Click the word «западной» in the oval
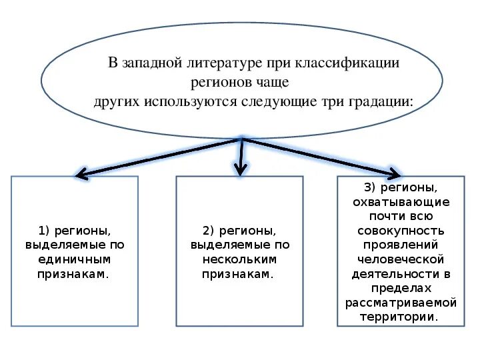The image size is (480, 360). coord(153,63)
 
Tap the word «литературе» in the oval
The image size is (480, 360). coord(225,63)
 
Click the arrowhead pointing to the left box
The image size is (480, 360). coord(81,175)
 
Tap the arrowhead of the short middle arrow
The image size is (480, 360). coord(241,170)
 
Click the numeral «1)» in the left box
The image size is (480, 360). coord(45,231)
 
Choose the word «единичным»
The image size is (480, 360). coord(75,259)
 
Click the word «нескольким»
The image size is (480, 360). coord(239,259)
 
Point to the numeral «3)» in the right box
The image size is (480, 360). coord(371,188)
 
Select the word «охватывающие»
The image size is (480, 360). coord(401,202)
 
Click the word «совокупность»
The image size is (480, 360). coord(401,231)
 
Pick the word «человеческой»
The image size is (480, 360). coord(401,259)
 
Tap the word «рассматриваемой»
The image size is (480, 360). coord(401,303)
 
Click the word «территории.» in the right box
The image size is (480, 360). coord(400,317)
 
